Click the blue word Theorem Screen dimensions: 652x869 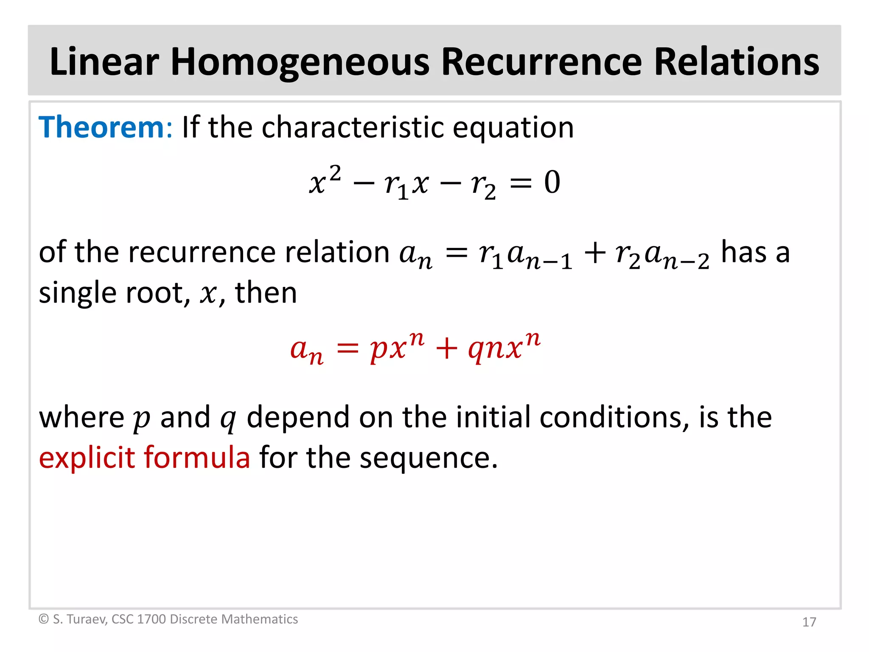[101, 127]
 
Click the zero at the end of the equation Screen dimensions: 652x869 [552, 183]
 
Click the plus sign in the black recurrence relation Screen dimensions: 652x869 [595, 253]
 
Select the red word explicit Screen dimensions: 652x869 [87, 458]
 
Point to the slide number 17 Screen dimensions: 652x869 [809, 622]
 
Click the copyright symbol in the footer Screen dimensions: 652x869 [44, 619]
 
